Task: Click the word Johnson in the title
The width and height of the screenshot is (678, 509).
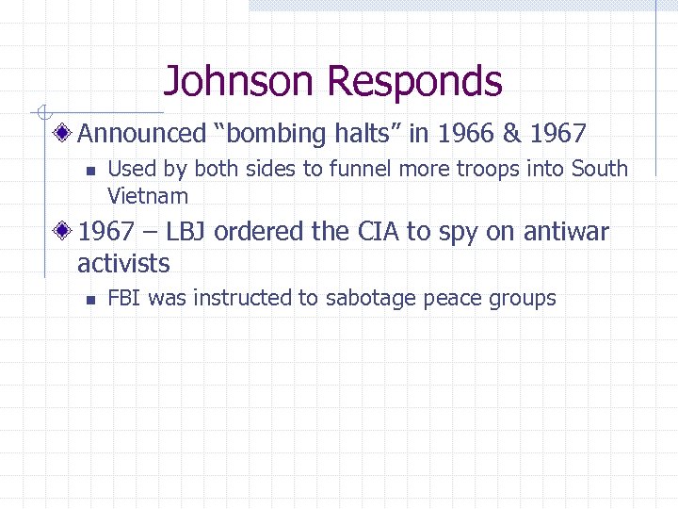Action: pyautogui.click(x=241, y=81)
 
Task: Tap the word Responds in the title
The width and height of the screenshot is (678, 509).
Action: pyautogui.click(x=415, y=83)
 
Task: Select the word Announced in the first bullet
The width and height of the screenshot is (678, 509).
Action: pyautogui.click(x=141, y=135)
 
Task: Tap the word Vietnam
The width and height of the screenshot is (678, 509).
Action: pyautogui.click(x=148, y=197)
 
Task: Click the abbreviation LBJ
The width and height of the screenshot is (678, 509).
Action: pyautogui.click(x=186, y=232)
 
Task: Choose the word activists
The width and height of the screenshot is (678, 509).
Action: pyautogui.click(x=123, y=263)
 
